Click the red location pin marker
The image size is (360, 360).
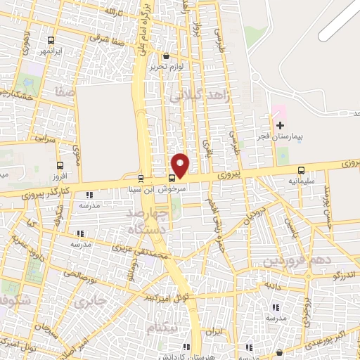coord(181,165)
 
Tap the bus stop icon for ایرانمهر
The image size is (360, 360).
coord(50,41)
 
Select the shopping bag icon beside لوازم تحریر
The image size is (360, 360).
coord(165,56)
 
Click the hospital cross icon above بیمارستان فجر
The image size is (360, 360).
coord(281,124)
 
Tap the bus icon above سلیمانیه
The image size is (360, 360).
coord(302,169)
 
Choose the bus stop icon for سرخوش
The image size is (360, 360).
coord(172,178)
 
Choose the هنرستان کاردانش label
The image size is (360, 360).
coord(187,356)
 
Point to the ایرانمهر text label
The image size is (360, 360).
coord(51,51)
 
